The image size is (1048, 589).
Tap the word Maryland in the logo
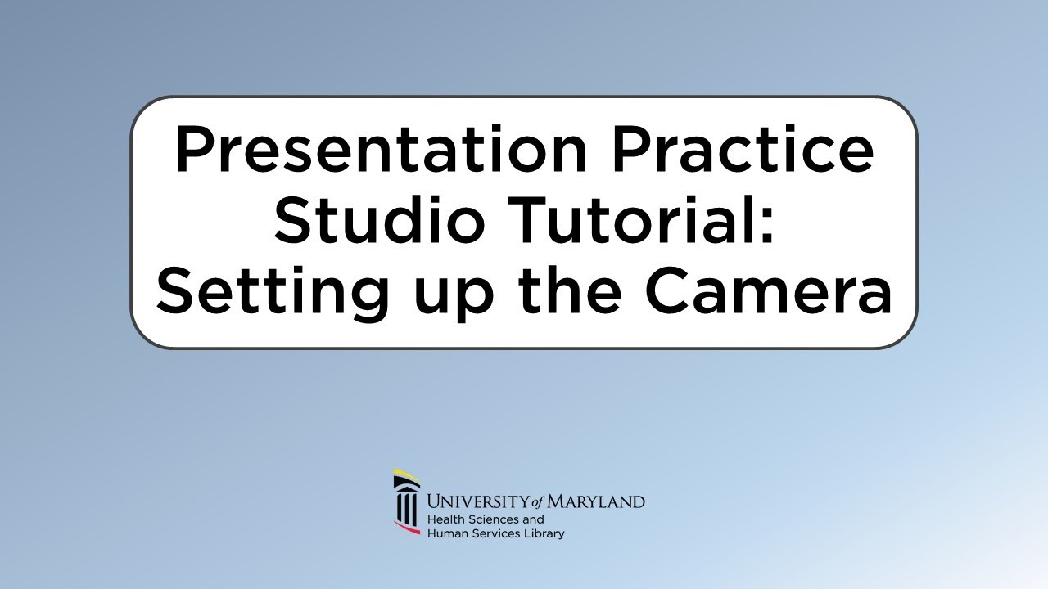(x=597, y=501)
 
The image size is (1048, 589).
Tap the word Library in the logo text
(x=545, y=534)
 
